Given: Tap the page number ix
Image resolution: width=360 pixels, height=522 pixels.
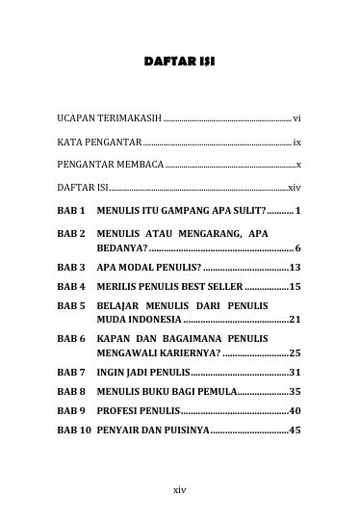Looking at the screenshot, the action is (298, 141).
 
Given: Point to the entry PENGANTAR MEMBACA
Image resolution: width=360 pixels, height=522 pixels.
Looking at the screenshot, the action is (104, 165).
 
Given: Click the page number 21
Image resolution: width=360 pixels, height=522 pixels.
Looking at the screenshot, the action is (296, 319).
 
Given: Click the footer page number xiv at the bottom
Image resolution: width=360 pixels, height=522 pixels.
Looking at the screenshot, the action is (179, 489).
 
